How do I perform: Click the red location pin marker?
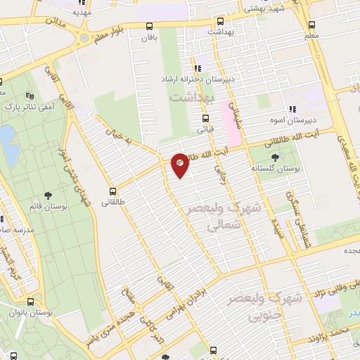[x=180, y=165]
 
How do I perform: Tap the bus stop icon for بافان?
[x=148, y=26]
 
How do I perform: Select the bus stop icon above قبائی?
[x=205, y=118]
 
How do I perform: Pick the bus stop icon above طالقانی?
[x=112, y=191]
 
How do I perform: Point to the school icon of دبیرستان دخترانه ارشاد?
[x=198, y=68]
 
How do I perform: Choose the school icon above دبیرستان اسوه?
[x=292, y=109]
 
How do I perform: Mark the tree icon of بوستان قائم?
[x=48, y=195]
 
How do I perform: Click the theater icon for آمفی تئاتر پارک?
[x=29, y=96]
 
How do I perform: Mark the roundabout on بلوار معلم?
[x=84, y=38]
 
